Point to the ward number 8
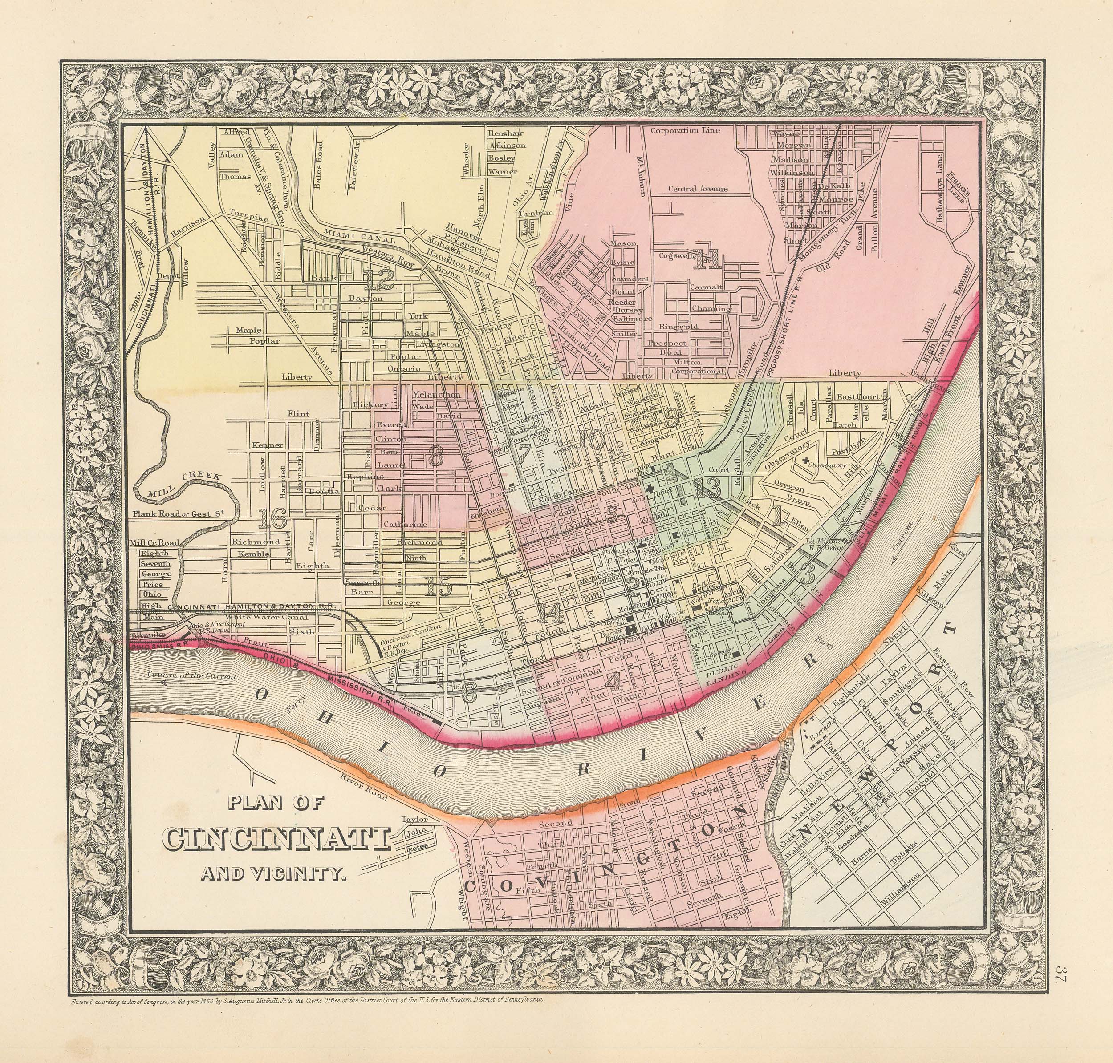pos(435,456)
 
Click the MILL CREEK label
pos(176,487)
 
